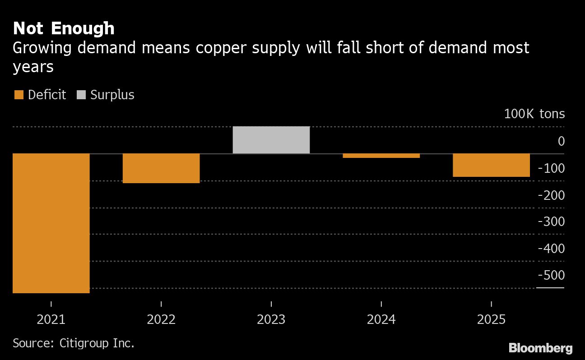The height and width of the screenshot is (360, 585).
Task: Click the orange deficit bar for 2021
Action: click(x=51, y=223)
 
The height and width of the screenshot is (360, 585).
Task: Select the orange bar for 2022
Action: click(x=161, y=168)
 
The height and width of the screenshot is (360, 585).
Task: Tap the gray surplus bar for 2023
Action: click(x=271, y=140)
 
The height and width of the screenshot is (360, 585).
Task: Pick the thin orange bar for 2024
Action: click(x=381, y=156)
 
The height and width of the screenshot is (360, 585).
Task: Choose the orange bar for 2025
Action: click(x=491, y=165)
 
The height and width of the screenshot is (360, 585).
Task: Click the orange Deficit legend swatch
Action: click(x=19, y=95)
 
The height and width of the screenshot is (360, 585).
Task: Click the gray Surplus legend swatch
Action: click(x=81, y=95)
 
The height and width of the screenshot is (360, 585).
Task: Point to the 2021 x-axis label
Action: click(x=51, y=319)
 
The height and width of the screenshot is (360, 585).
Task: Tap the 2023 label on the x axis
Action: click(x=271, y=319)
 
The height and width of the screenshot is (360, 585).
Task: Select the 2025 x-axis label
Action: click(x=491, y=319)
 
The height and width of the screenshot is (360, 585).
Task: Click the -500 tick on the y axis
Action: click(x=551, y=275)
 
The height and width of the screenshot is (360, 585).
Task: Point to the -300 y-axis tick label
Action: click(x=551, y=222)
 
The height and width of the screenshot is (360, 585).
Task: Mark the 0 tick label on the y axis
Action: click(x=561, y=141)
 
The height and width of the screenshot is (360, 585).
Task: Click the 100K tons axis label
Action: click(x=534, y=114)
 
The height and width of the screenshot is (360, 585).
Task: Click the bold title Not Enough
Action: click(x=64, y=28)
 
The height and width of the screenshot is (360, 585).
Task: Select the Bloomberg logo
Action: click(x=540, y=348)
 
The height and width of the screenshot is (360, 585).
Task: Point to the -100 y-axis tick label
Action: click(x=551, y=168)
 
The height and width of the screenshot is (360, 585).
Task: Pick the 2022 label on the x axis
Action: click(x=161, y=319)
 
